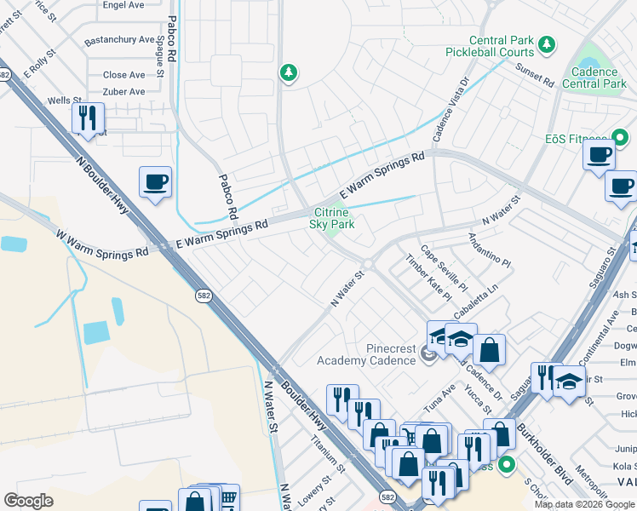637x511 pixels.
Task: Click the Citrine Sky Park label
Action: [x=331, y=218]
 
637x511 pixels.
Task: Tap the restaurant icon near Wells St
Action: [x=87, y=118]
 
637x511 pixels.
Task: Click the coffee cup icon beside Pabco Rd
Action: [x=155, y=181]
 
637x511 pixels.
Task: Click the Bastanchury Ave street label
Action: [x=119, y=39]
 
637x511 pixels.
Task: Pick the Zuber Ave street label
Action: [x=124, y=91]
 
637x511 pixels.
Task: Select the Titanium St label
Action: [x=327, y=456]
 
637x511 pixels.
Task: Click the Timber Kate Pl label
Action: [x=428, y=278]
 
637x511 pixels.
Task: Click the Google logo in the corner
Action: [x=29, y=500]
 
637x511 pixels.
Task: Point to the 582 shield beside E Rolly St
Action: [x=4, y=75]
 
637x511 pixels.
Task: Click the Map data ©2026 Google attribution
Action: [x=583, y=504]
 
